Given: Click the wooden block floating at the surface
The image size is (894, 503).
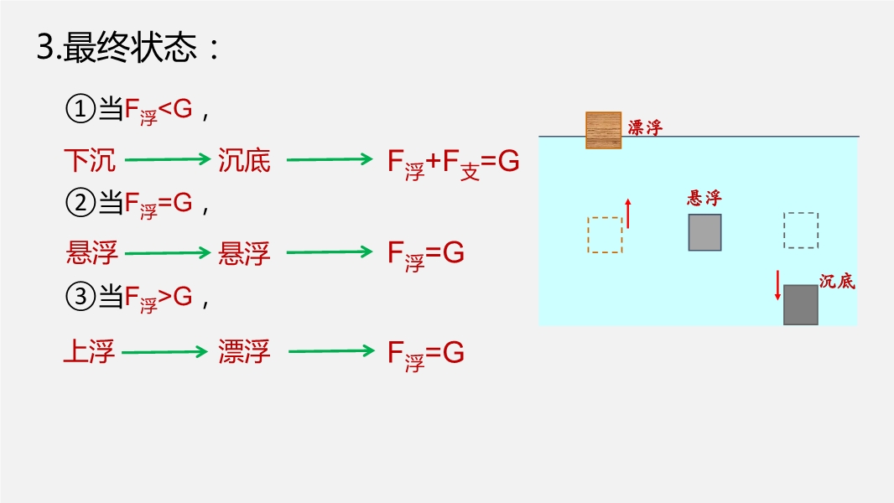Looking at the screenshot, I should tap(603, 130).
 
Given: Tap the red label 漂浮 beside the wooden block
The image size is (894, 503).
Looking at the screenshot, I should tap(645, 128).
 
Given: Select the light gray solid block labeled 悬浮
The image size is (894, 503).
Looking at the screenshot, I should tap(704, 232).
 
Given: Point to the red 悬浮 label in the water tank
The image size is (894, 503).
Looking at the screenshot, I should tap(704, 199).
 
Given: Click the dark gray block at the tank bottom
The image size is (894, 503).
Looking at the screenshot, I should tap(800, 304).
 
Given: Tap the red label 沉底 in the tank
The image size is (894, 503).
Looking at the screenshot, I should tap(836, 282).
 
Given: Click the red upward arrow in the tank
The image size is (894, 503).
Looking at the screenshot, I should tap(627, 214).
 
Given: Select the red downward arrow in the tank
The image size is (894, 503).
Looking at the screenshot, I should tap(777, 285).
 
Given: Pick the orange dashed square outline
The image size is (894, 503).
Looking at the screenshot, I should tap(604, 235).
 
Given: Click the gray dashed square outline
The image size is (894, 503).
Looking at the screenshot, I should tap(800, 231).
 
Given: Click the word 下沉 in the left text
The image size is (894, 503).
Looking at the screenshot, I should tap(90, 160).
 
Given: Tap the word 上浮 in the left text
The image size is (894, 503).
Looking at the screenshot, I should tap(89, 352).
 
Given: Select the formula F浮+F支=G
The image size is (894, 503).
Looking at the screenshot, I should tap(453, 163).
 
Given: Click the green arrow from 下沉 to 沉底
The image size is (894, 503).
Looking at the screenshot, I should tap(166, 159).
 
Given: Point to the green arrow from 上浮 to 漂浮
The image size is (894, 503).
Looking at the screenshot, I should tap(164, 352).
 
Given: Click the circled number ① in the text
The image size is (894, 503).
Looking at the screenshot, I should tap(77, 109).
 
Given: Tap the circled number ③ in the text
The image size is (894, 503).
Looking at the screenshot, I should tap(77, 297).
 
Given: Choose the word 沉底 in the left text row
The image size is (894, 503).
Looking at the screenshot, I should tap(244, 160).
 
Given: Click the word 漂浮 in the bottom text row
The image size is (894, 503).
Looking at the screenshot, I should tap(244, 352).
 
